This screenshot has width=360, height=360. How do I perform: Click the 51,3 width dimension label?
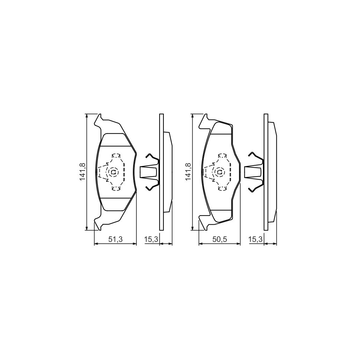(x=115, y=239)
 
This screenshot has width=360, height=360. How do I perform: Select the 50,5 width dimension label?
(x=220, y=239)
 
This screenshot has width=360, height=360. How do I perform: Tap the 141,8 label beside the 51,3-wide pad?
(x=83, y=172)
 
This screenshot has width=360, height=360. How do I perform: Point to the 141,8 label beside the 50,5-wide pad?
(x=188, y=172)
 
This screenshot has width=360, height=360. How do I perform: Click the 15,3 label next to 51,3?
(x=152, y=239)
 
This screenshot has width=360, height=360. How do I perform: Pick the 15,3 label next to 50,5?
(x=256, y=239)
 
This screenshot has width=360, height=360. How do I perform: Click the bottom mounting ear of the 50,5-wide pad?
(x=203, y=223)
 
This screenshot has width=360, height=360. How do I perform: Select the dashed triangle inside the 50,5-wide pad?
(x=210, y=172)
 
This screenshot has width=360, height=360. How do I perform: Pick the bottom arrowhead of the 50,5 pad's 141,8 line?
(x=192, y=229)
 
